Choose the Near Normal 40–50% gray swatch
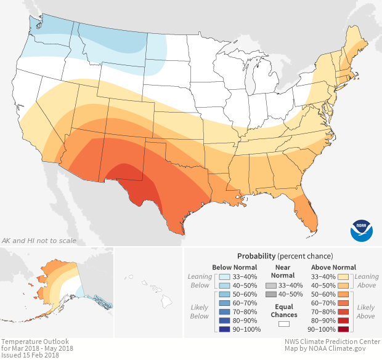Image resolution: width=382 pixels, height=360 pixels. pyautogui.click(x=270, y=295)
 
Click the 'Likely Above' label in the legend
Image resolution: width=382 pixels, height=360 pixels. pyautogui.click(x=365, y=312)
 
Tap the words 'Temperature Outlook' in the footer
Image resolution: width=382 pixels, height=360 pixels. pyautogui.click(x=35, y=342)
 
